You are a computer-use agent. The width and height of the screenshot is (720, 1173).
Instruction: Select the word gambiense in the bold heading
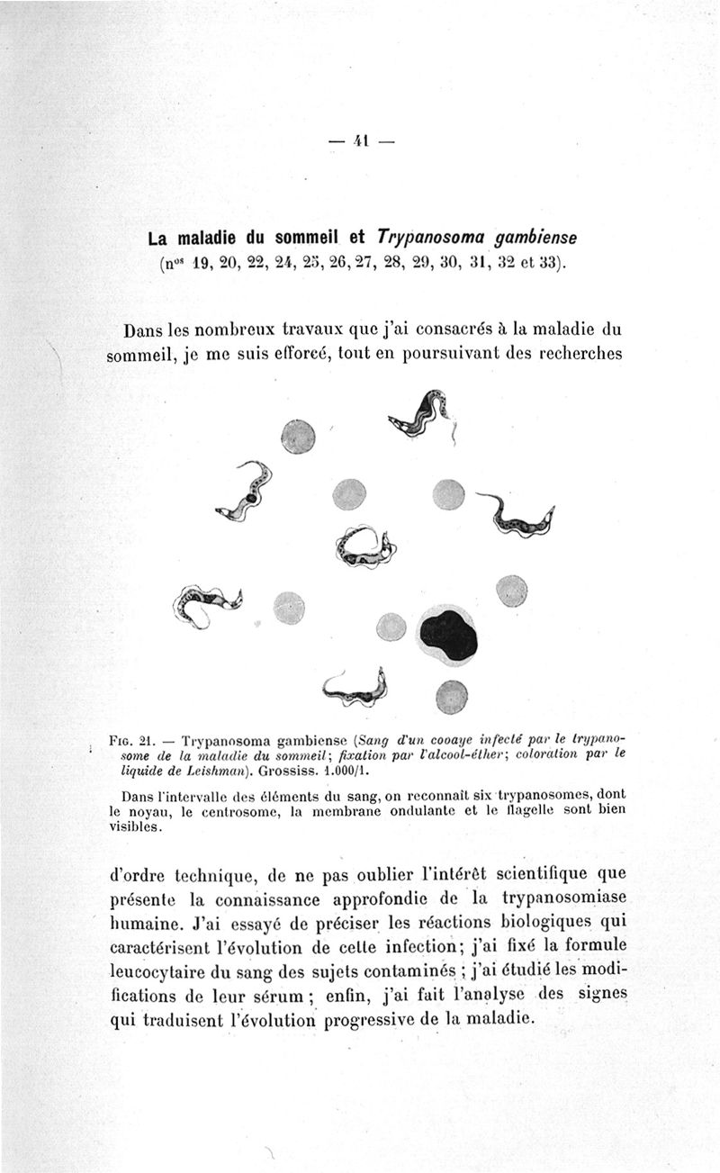pyautogui.click(x=531, y=239)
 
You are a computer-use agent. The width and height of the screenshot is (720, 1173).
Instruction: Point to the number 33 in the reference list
pyautogui.click(x=544, y=264)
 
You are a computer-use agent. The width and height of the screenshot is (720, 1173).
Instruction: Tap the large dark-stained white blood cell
pyautogui.click(x=447, y=635)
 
